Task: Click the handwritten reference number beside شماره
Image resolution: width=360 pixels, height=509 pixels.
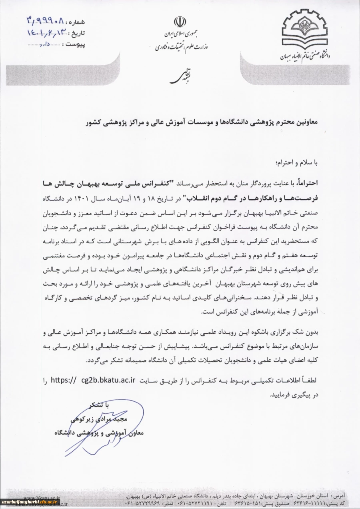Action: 46,20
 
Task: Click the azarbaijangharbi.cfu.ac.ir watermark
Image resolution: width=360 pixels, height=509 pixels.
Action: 30,502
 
